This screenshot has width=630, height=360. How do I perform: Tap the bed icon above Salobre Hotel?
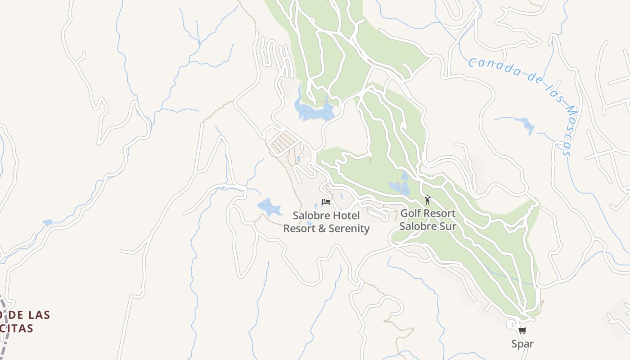[x=326, y=202]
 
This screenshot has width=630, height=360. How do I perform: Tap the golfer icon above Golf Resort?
[x=427, y=199]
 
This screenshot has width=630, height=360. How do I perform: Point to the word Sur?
[x=447, y=226]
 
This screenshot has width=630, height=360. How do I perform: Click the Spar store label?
[x=522, y=344]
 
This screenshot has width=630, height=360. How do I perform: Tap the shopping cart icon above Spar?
[x=522, y=331]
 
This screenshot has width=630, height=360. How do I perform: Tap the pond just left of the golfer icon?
[x=400, y=186]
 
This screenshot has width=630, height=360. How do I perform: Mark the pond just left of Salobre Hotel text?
[x=269, y=207]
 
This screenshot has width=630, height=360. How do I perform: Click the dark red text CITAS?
[x=18, y=328]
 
